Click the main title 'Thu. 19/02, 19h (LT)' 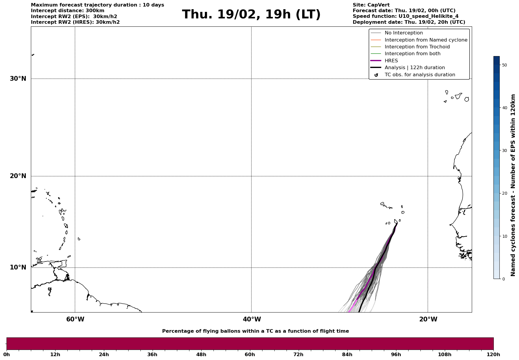(x=251, y=15)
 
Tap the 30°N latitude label (x=18, y=79)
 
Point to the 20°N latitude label (x=18, y=176)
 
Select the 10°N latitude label (x=18, y=267)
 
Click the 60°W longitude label (x=75, y=319)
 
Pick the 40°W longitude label (x=252, y=319)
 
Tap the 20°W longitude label (x=428, y=319)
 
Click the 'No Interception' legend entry (x=404, y=33)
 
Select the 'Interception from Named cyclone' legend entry (x=426, y=40)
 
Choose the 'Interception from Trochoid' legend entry (x=417, y=47)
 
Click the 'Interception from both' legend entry (x=412, y=54)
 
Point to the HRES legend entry (x=391, y=61)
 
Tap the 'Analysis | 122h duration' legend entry (x=414, y=68)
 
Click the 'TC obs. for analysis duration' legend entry (x=420, y=75)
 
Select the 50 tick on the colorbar (x=504, y=65)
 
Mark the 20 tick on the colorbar (x=504, y=194)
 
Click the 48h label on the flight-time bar (x=201, y=355)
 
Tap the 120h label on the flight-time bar (x=493, y=355)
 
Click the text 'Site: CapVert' (x=371, y=5)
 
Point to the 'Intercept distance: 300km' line (x=67, y=11)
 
